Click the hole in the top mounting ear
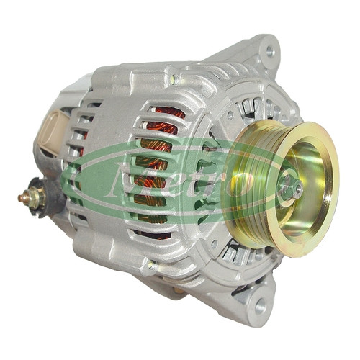coord(270,51)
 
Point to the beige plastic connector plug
coord(54,130)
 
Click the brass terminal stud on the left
coord(24,197)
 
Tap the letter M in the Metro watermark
coord(127,179)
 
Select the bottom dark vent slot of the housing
coord(152,234)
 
